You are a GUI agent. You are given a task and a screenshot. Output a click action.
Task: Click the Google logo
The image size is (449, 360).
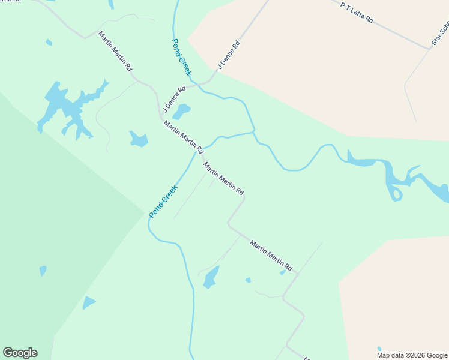click(x=20, y=353)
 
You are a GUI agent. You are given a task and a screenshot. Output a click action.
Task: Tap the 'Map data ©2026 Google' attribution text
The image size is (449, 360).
click(x=412, y=355)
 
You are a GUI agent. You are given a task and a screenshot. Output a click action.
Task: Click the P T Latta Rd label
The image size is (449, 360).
click(x=357, y=13)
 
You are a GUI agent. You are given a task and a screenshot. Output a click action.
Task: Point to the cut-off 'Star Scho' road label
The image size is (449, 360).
click(x=440, y=34)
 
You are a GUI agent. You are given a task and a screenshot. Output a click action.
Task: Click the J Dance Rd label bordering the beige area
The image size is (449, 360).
click(x=229, y=55)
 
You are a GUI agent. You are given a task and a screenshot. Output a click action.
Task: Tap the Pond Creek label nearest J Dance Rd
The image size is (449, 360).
click(x=181, y=56)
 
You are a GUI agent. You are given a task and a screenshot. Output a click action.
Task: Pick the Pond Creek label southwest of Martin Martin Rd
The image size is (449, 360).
click(x=163, y=200)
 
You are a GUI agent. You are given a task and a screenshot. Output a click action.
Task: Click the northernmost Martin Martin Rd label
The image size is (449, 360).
click(x=115, y=52)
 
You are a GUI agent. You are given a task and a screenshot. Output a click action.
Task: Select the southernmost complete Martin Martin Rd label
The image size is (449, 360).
click(x=271, y=255)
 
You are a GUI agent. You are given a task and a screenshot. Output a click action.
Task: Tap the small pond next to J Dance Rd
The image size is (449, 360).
click(x=181, y=110)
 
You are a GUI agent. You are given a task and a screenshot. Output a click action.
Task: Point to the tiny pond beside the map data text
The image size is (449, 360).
click(x=379, y=348)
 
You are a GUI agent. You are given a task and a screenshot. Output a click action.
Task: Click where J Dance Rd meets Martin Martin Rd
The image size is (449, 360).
click(x=161, y=112)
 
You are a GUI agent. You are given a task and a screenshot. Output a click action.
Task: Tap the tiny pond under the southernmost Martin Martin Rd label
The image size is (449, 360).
click(x=283, y=272)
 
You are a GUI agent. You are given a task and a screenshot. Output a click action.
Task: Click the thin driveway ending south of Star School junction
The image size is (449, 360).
click(x=415, y=120)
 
